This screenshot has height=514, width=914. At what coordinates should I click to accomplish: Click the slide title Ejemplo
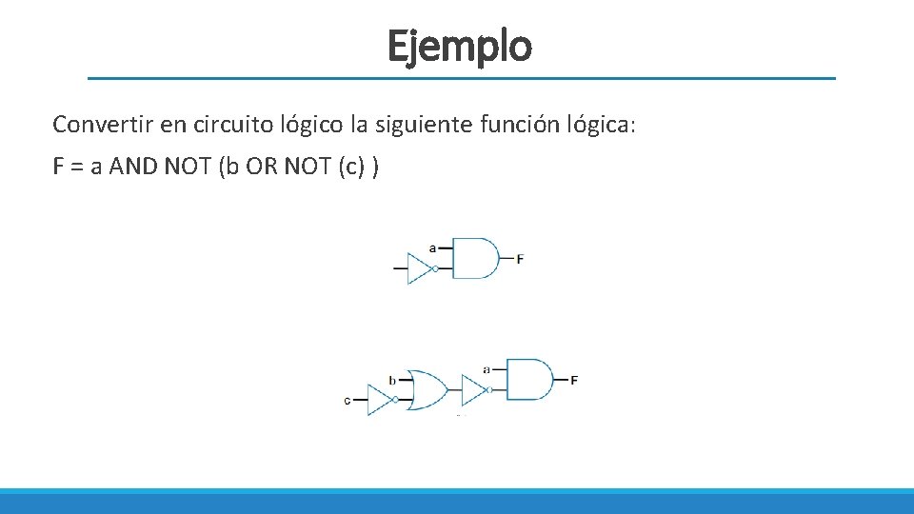point(459,45)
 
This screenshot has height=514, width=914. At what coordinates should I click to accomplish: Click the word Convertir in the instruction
point(96,124)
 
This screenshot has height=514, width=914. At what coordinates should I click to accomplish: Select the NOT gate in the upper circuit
point(420,268)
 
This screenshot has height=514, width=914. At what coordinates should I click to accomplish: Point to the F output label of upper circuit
point(520,259)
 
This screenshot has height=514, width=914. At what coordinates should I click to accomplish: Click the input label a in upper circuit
point(433,247)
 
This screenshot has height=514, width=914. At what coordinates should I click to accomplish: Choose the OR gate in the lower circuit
point(426,389)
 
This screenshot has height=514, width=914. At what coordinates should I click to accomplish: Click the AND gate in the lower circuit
point(529,379)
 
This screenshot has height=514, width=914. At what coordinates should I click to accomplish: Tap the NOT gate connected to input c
point(381,400)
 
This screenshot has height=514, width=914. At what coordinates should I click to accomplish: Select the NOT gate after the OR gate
point(474,389)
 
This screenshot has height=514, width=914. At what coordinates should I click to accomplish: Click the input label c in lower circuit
point(348,401)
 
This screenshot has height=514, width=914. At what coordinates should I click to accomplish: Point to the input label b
point(392,380)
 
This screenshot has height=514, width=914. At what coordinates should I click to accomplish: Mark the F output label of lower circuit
point(573,380)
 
